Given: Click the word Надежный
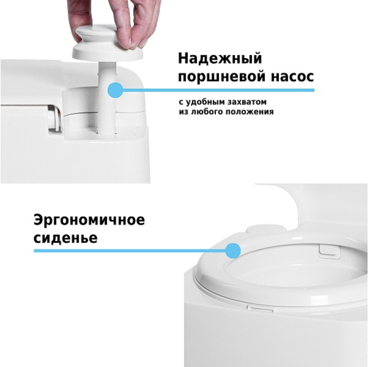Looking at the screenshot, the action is [x=220, y=59].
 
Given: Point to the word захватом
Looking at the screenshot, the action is [x=247, y=102].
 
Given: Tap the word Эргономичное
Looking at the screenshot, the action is [x=89, y=221].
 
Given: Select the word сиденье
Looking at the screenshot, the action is [x=66, y=238].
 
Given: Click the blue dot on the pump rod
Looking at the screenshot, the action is [x=115, y=91].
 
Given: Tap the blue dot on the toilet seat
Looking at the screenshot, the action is [x=233, y=250].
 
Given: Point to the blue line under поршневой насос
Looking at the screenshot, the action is [x=219, y=90].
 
